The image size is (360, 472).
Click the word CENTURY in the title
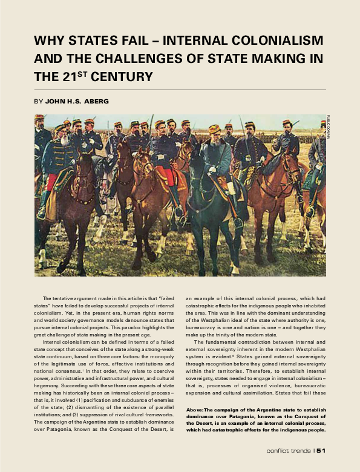coord(123,77)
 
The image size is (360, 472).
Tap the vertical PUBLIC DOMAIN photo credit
coord(327,128)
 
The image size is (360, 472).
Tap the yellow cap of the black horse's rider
coord(215,128)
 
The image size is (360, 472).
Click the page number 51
coord(321,450)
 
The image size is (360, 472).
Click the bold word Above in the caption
coord(195,393)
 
